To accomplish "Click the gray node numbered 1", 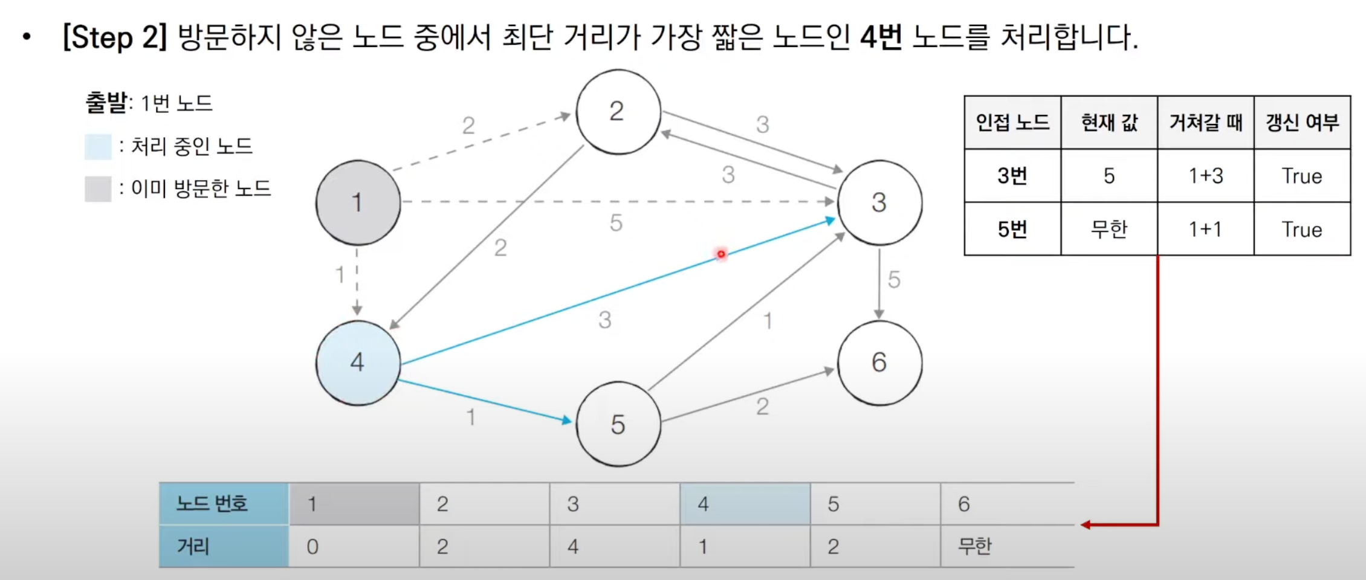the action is (x=358, y=202).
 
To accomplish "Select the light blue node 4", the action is (x=358, y=362).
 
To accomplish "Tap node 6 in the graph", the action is (x=879, y=362).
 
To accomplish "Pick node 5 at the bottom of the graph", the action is (x=618, y=424).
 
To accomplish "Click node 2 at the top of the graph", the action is (x=618, y=111).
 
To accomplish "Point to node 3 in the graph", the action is (x=879, y=202).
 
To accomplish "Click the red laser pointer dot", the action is (x=721, y=254).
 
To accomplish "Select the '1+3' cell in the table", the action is (x=1206, y=176).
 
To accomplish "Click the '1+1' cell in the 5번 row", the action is (x=1206, y=229).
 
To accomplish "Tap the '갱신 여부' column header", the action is (x=1303, y=123).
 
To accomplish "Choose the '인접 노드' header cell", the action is (x=1012, y=123).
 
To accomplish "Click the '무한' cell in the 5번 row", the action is (x=1109, y=229).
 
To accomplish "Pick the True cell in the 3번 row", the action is (x=1303, y=176).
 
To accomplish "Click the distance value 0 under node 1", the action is (x=312, y=547).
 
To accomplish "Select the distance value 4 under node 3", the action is (x=573, y=547).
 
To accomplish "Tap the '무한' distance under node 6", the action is (x=975, y=547).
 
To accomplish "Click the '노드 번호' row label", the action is (x=212, y=503).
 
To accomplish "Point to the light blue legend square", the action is (x=98, y=146).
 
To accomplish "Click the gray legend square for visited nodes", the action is (x=98, y=188).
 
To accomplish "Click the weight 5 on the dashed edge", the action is (x=616, y=223).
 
